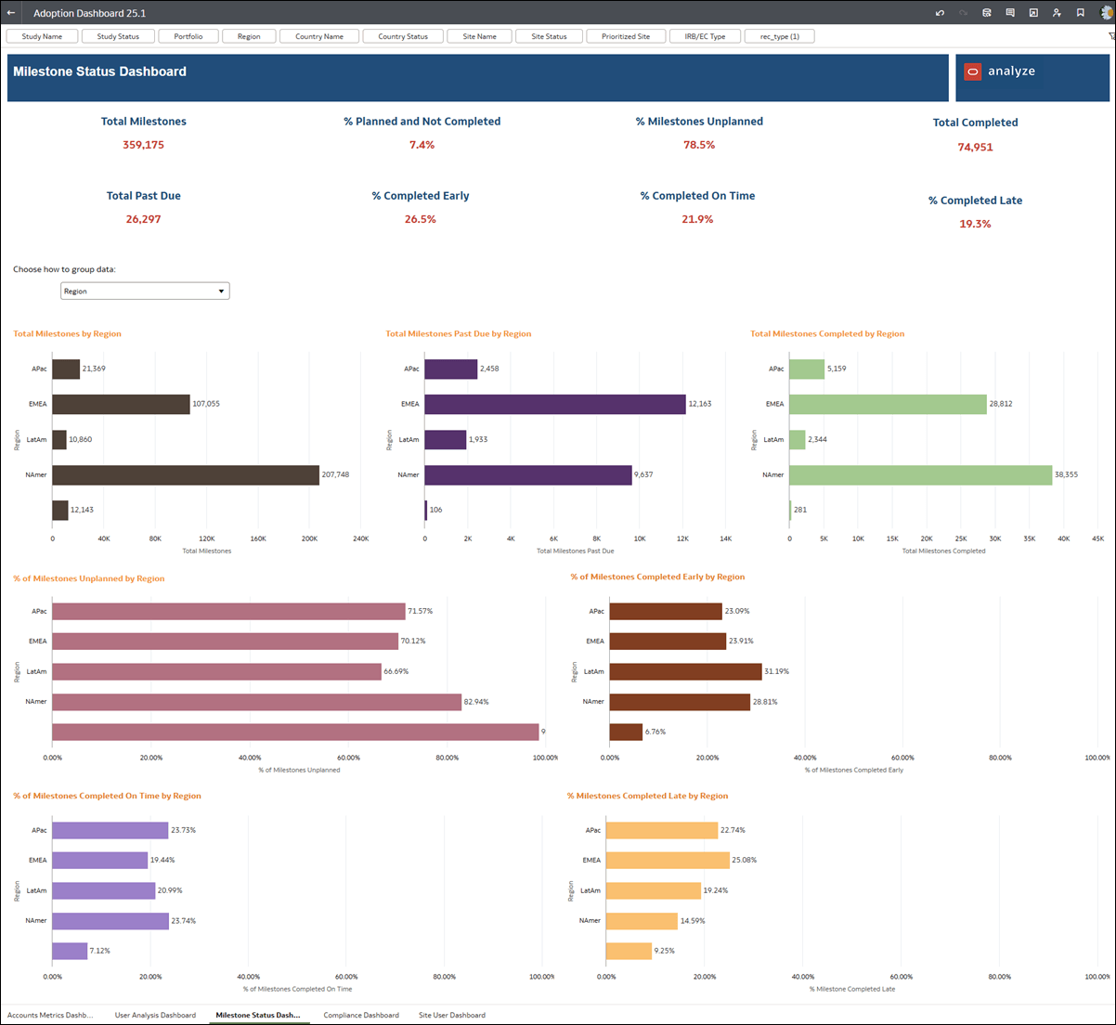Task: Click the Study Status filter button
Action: [x=118, y=36]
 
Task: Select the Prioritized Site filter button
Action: [x=625, y=36]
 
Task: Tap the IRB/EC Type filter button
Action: [x=705, y=36]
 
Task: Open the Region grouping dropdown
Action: [x=145, y=292]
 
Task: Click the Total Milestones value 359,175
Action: [x=143, y=145]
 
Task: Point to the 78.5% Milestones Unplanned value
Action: [x=699, y=145]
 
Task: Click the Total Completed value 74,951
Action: [x=975, y=147]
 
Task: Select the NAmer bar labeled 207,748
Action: [x=186, y=474]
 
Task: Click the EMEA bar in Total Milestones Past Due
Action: [x=555, y=404]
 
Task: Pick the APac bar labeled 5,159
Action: [x=807, y=369]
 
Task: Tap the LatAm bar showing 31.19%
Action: [x=685, y=671]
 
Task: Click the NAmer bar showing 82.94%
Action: [x=256, y=702]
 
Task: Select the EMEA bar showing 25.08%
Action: [x=668, y=860]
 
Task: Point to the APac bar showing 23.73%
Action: [x=110, y=830]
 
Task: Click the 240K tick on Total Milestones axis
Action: [x=360, y=538]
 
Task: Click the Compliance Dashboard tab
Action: [x=361, y=1015]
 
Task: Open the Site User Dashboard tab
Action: [x=452, y=1015]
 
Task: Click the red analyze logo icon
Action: [x=972, y=72]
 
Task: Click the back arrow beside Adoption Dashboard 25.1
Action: [x=11, y=13]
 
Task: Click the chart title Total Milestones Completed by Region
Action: [x=826, y=333]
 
